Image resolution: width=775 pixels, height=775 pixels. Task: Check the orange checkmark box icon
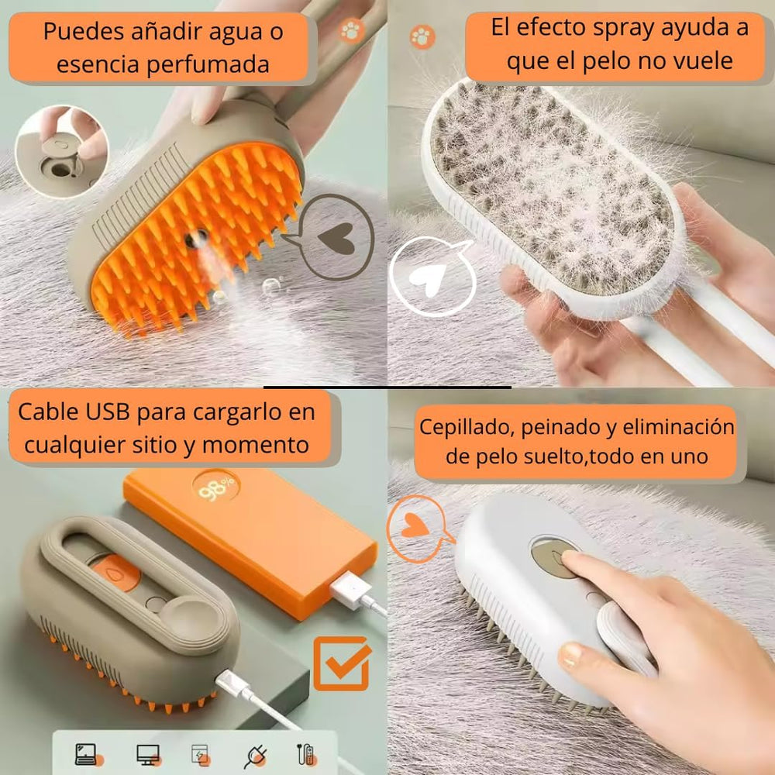click(x=340, y=663)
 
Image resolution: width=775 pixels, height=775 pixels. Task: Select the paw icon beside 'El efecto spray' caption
click(x=422, y=36)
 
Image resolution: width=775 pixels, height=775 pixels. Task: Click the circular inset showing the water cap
click(x=62, y=151)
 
